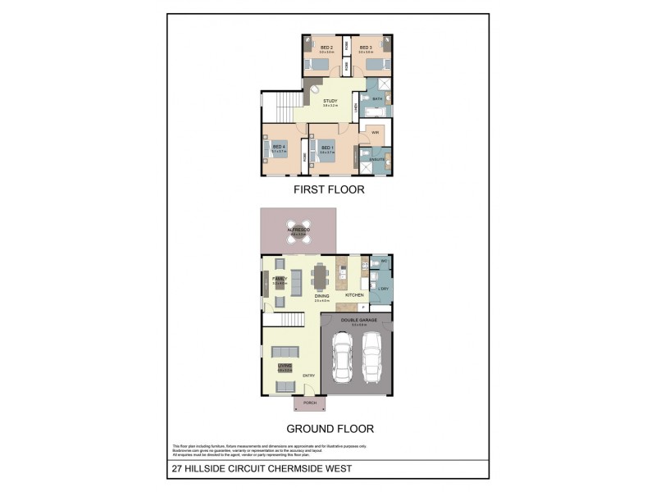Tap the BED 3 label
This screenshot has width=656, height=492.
point(366,48)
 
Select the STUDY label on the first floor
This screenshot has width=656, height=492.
point(330,101)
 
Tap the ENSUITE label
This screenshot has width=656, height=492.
point(377,159)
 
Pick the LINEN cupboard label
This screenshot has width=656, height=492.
point(355,107)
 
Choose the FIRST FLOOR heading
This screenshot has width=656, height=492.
point(328,189)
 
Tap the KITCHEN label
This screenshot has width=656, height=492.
point(354,295)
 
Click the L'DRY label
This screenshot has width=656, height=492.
point(382,289)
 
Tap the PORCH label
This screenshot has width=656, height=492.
point(309,403)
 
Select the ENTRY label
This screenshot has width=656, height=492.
point(308,376)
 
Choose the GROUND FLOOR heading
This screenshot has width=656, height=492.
point(330,428)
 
